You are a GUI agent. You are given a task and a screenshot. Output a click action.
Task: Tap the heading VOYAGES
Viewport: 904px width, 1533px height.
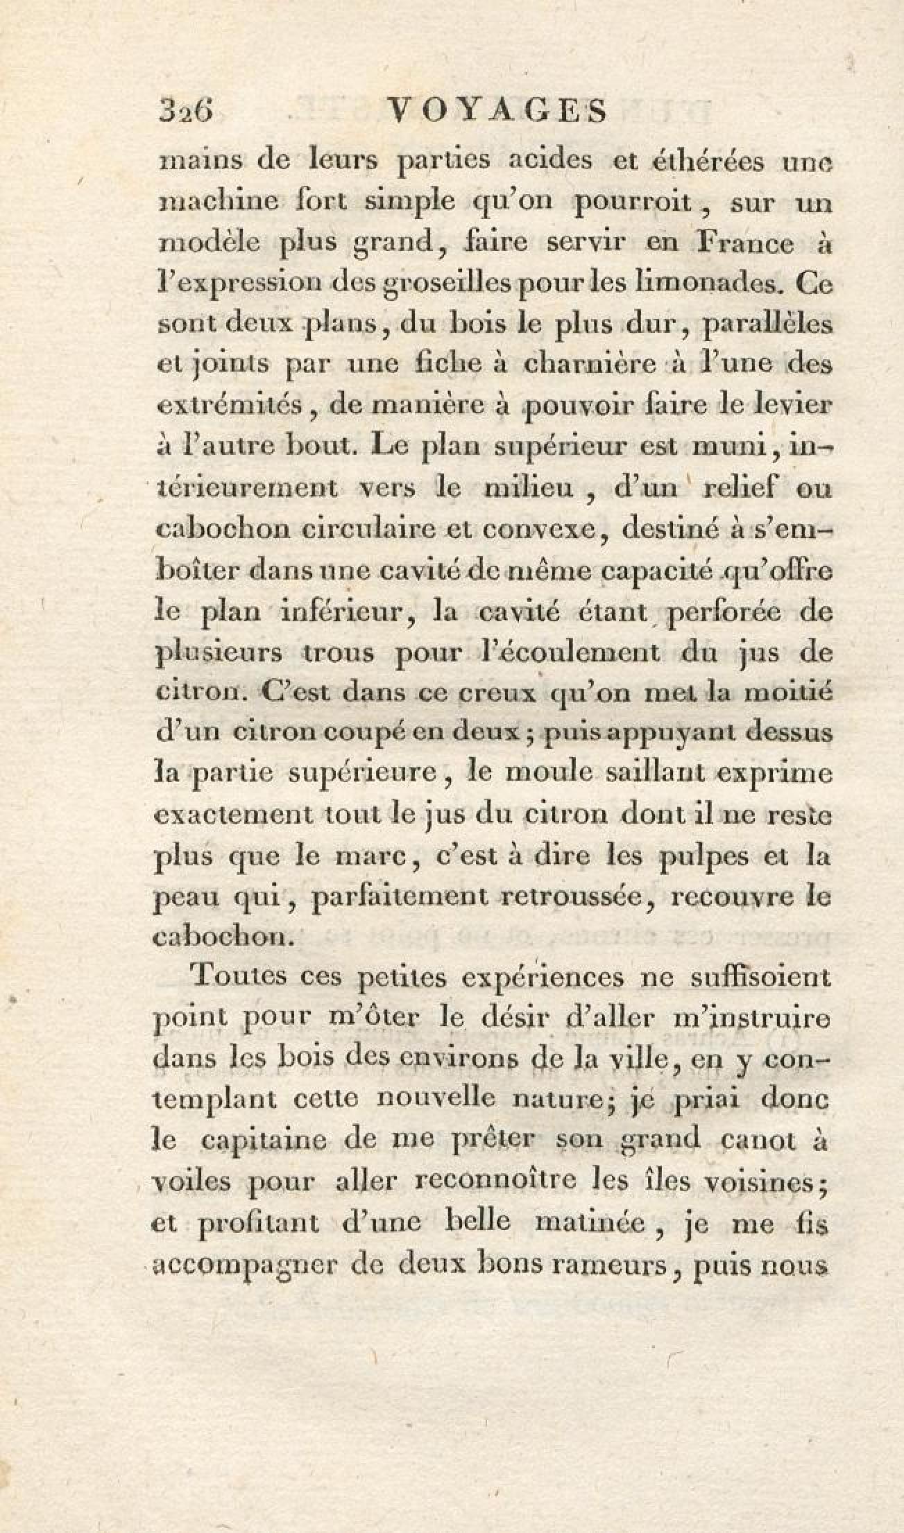point(497,111)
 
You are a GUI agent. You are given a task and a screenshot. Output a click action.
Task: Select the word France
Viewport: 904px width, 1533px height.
point(744,244)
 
